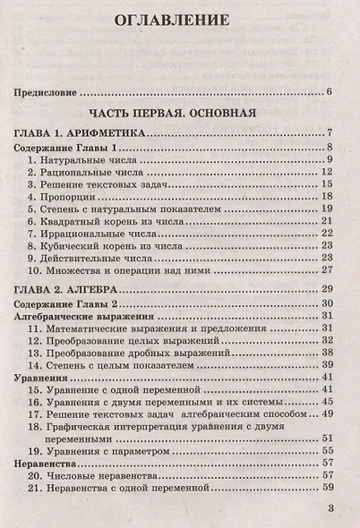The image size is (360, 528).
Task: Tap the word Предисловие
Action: [43, 91]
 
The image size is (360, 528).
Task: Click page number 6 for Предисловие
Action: [330, 91]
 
